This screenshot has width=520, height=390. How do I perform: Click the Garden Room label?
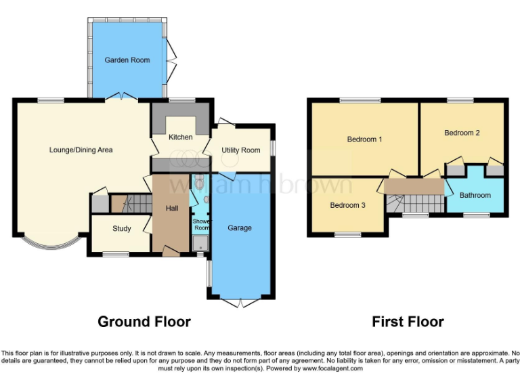pos(127,60)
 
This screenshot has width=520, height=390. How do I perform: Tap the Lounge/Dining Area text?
pos(81,150)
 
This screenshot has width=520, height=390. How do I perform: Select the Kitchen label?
pos(181,137)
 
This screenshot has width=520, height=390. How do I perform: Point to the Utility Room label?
pos(241,150)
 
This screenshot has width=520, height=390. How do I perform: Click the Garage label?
pos(240,228)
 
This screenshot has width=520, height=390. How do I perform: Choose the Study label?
pos(122,228)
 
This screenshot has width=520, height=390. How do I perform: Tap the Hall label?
pos(172,209)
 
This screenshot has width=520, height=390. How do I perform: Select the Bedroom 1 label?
pos(365,139)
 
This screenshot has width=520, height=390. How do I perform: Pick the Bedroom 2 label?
pos(462,133)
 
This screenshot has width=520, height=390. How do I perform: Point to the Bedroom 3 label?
pos(348,204)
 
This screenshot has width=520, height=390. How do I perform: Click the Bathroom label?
pos(475,195)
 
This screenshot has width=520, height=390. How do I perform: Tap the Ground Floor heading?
pos(144,322)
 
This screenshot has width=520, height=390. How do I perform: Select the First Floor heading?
pos(408,322)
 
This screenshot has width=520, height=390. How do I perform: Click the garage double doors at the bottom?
pos(240,302)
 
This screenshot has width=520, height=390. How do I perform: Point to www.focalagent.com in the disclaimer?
pos(332,369)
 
